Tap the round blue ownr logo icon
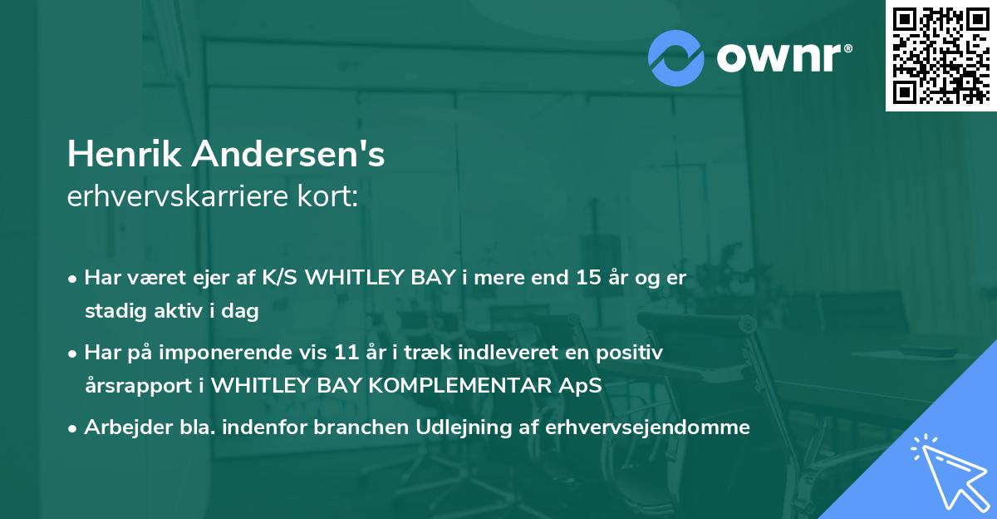676,57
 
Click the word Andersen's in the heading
282,155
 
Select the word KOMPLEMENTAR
466,386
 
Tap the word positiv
633,353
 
